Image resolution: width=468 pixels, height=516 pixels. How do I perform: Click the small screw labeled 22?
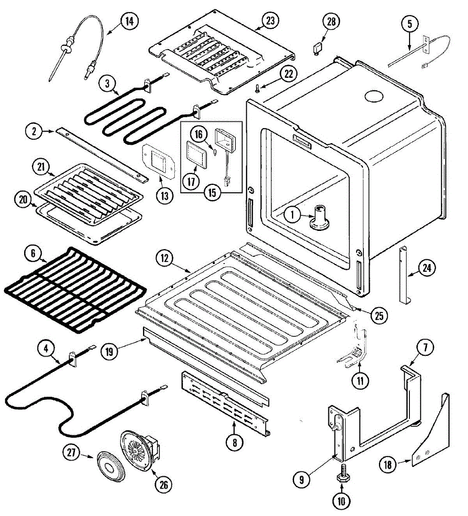click(257, 88)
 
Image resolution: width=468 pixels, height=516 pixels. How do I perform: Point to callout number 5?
click(409, 24)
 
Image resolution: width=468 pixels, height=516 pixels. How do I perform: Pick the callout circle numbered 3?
click(108, 83)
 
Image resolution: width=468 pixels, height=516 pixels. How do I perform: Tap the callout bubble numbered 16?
click(198, 135)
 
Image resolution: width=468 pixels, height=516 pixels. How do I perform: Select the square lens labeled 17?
click(195, 154)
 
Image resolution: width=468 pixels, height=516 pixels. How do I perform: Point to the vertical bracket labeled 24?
click(404, 275)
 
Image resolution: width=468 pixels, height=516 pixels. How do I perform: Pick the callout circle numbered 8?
click(234, 442)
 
